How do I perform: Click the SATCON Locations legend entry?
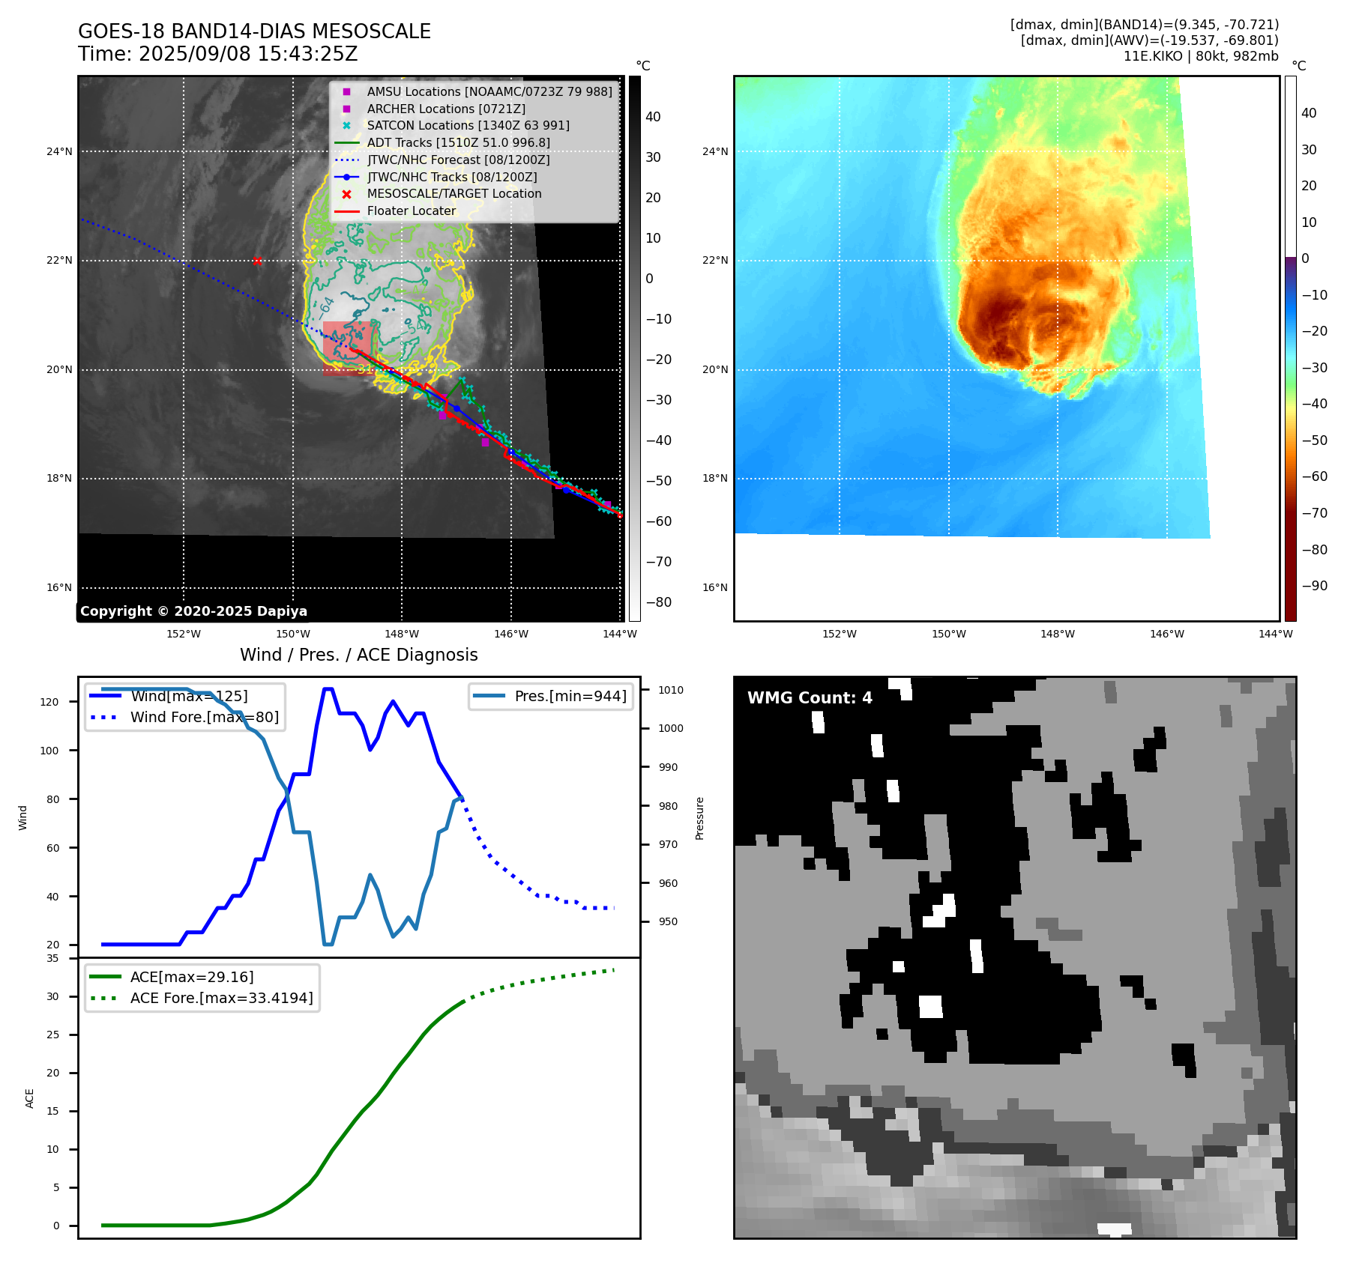pyautogui.click(x=468, y=126)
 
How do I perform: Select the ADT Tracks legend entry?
pyautogui.click(x=458, y=142)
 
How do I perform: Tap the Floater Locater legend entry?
pyautogui.click(x=411, y=211)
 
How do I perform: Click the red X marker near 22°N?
pyautogui.click(x=257, y=261)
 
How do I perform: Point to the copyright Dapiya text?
pyautogui.click(x=193, y=611)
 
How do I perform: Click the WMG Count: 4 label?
pyautogui.click(x=810, y=698)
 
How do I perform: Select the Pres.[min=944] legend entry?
pyautogui.click(x=570, y=696)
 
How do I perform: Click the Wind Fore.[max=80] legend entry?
pyautogui.click(x=204, y=717)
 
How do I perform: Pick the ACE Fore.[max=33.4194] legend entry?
pyautogui.click(x=221, y=998)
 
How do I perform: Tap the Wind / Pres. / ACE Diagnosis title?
pyautogui.click(x=358, y=655)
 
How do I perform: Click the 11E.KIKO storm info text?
pyautogui.click(x=1200, y=56)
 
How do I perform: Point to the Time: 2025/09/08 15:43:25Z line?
pyautogui.click(x=217, y=54)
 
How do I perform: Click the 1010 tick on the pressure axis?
pyautogui.click(x=670, y=690)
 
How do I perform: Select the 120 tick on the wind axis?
pyautogui.click(x=49, y=702)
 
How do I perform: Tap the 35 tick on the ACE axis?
pyautogui.click(x=52, y=958)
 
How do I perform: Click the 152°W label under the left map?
pyautogui.click(x=184, y=634)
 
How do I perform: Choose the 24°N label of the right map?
pyautogui.click(x=714, y=151)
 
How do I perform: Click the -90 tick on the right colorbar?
pyautogui.click(x=1314, y=586)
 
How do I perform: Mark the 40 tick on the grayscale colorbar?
pyautogui.click(x=653, y=117)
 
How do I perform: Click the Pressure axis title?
pyautogui.click(x=699, y=818)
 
